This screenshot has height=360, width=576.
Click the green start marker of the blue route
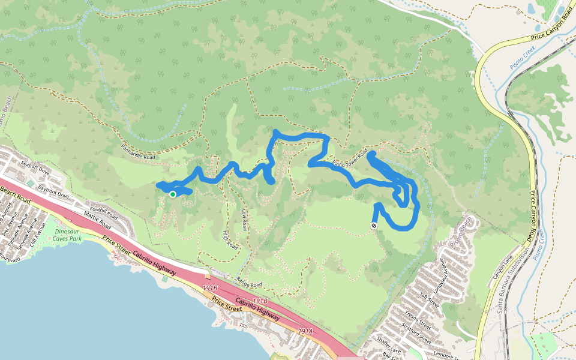pos(173,194)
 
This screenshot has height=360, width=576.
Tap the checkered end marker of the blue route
pos(374,226)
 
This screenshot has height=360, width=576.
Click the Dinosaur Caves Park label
pos(67,235)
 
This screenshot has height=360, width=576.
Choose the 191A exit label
pos(305,331)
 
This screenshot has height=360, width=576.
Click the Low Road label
pos(244,221)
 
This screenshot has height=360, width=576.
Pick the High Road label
pos(230,240)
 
